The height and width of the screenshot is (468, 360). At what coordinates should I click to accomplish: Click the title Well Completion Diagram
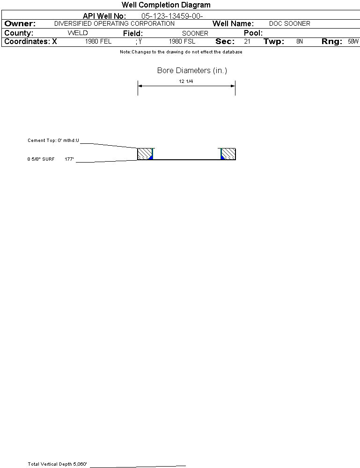tap(166, 5)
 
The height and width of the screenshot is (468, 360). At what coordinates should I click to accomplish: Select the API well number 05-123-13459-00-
tap(172, 16)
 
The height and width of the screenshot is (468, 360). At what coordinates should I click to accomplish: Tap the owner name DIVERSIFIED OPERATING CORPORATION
tap(114, 23)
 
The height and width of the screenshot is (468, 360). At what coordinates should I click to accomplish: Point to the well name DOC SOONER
tap(289, 23)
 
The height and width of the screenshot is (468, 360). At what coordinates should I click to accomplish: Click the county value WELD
tap(78, 33)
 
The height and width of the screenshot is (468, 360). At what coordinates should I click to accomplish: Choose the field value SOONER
tap(195, 33)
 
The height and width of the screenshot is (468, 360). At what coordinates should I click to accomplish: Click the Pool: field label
tap(253, 33)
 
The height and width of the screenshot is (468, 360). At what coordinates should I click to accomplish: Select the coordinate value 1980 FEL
tap(98, 42)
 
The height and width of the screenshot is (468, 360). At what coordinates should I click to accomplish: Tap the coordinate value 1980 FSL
tap(182, 42)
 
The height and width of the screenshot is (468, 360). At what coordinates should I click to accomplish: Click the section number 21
tap(247, 42)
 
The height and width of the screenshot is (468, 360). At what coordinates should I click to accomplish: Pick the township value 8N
tap(300, 42)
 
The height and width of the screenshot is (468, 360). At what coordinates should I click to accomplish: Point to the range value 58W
tap(353, 42)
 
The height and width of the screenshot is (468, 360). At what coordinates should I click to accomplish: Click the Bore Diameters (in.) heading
tap(192, 71)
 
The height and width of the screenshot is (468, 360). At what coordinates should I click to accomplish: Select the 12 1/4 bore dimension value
tap(186, 81)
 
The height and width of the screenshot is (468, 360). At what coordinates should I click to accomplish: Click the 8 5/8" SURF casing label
tap(41, 159)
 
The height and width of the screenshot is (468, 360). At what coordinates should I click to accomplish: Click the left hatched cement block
tap(144, 154)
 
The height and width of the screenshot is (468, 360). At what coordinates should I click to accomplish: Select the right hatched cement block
tap(228, 154)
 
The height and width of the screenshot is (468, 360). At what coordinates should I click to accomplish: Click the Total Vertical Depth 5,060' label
tap(57, 464)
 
